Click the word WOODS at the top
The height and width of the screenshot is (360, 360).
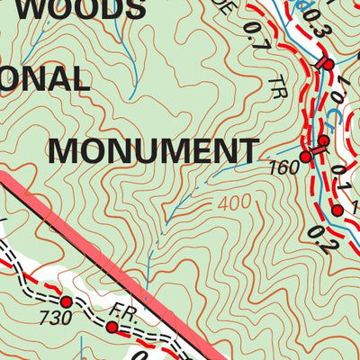pyautogui.click(x=99, y=9)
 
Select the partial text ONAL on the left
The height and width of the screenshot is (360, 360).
pyautogui.click(x=45, y=81)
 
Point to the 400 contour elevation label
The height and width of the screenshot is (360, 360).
pyautogui.click(x=234, y=204)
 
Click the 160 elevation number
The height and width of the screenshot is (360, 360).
pyautogui.click(x=283, y=167)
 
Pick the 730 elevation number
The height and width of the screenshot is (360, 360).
pyautogui.click(x=58, y=317)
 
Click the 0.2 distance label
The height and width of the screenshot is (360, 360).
pyautogui.click(x=316, y=239)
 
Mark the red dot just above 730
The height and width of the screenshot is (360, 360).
pyautogui.click(x=66, y=301)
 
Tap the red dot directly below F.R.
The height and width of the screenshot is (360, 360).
pyautogui.click(x=112, y=328)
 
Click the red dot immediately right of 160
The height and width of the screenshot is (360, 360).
pyautogui.click(x=305, y=157)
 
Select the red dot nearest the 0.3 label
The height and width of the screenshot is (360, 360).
pyautogui.click(x=328, y=65)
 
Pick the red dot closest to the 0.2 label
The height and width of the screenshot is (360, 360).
pyautogui.click(x=337, y=211)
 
